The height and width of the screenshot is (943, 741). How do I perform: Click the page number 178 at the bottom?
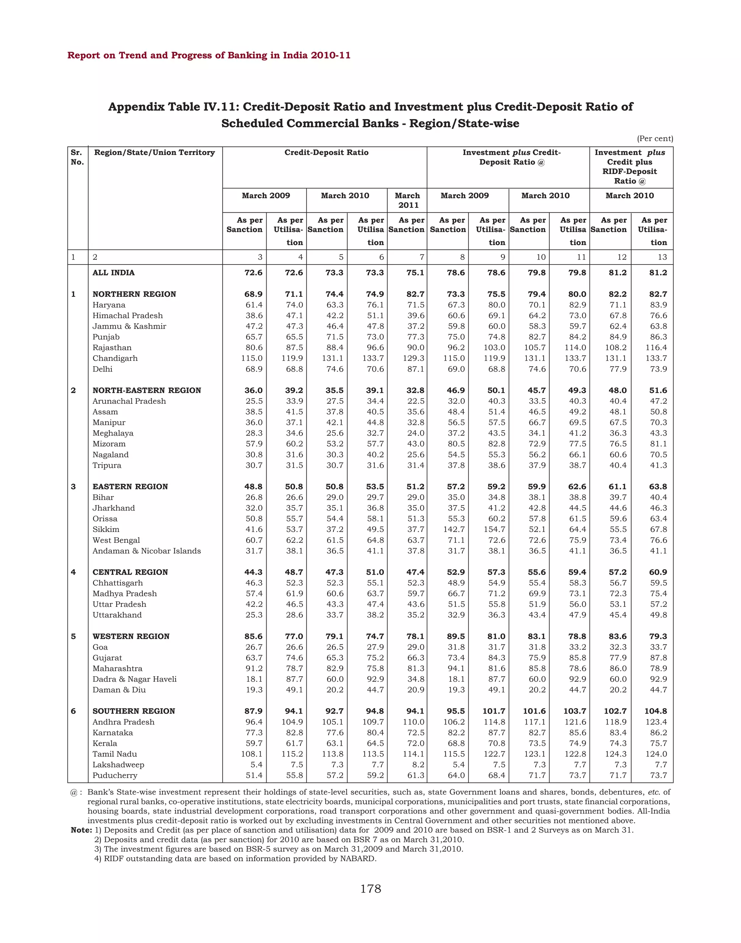[370, 889]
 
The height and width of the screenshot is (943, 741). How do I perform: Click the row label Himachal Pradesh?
[128, 316]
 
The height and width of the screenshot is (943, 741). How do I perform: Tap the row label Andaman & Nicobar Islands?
[147, 551]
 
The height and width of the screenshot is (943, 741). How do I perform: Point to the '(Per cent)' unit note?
[654, 139]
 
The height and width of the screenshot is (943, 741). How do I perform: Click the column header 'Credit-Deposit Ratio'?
[326, 152]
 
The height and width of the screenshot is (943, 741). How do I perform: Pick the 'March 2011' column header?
[407, 200]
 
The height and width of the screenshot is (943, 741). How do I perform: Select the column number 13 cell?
[662, 257]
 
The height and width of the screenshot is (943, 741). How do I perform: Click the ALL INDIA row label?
[113, 272]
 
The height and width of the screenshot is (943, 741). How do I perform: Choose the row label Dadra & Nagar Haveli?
[135, 679]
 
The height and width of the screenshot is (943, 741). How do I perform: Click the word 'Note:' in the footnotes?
[81, 830]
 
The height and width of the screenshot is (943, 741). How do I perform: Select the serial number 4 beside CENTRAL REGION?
[73, 572]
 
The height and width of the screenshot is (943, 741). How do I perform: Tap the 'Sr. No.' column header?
[77, 157]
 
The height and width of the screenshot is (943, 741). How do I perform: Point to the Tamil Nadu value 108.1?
[251, 754]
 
